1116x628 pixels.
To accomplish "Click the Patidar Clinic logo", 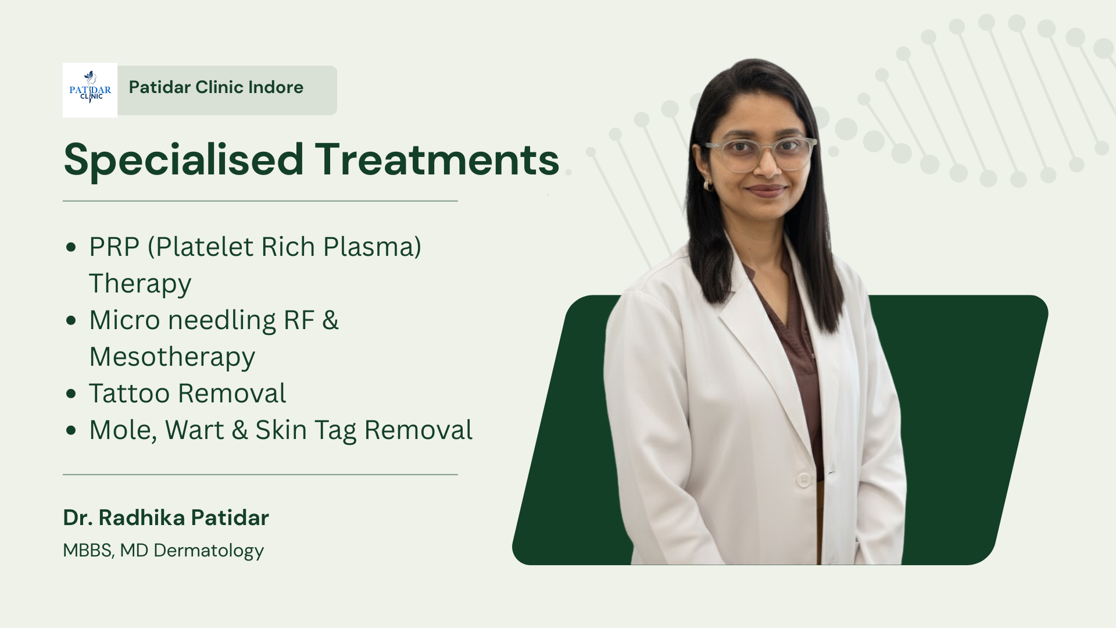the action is click(x=90, y=90).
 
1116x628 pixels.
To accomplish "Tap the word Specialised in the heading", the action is click(x=184, y=160).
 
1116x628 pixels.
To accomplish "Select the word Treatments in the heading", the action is click(x=437, y=159).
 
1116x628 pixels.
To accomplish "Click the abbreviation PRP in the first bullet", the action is click(x=115, y=247).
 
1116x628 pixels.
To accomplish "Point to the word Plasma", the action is click(x=372, y=247).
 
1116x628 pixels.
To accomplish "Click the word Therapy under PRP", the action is click(x=140, y=284).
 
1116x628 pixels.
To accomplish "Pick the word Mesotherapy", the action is click(x=172, y=357).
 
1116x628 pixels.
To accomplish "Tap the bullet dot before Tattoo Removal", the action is click(x=71, y=394).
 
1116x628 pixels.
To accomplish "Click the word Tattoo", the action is click(x=129, y=394).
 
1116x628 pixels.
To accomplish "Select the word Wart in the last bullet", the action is click(x=195, y=430).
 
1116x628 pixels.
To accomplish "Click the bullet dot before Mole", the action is click(x=71, y=430).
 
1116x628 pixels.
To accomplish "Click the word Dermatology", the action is click(x=209, y=551).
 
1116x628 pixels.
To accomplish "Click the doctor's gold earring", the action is click(x=708, y=185).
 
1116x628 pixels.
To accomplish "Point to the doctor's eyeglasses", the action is click(x=760, y=154).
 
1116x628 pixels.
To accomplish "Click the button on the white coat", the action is click(x=804, y=480).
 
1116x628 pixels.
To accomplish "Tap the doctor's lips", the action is click(x=766, y=190).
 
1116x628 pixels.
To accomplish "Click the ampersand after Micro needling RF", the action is click(x=330, y=320).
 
